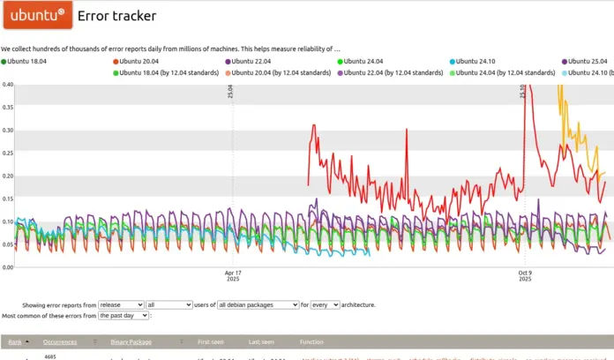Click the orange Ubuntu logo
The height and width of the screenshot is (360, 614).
coord(36,16)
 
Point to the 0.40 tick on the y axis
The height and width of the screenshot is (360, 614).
coord(8,86)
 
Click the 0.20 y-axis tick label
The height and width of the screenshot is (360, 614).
coord(8,176)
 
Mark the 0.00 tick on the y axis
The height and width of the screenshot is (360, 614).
coord(8,267)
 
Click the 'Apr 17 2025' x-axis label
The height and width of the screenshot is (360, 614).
coord(233,276)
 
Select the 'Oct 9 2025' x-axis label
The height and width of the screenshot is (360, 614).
coord(525,276)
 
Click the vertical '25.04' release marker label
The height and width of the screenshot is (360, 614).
coord(231,91)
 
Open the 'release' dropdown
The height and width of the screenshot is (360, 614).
coord(121,304)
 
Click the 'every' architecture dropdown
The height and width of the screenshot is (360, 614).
coord(325,304)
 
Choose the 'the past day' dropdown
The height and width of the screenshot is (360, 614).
coord(124,315)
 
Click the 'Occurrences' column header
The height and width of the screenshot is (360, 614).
coord(60,341)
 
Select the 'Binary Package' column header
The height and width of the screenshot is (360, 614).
coord(131,341)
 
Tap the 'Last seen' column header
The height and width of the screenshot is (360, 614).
coord(261,341)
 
